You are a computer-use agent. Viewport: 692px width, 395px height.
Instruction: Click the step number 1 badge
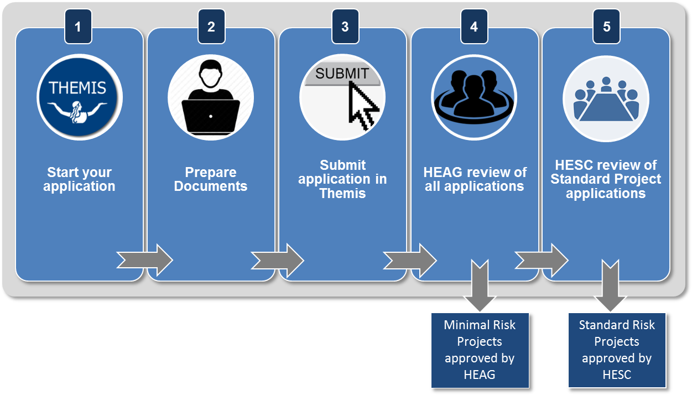[x=78, y=27]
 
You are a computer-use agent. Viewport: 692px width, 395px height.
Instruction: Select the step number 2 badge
[x=211, y=27]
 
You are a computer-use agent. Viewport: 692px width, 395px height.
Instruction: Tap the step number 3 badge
[x=345, y=27]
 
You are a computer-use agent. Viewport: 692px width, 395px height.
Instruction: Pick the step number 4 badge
[x=474, y=27]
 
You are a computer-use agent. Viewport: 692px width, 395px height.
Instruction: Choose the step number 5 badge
[x=607, y=27]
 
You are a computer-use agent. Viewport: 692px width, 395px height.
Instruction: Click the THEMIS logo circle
[x=80, y=97]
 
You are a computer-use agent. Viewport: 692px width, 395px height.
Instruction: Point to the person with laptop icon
[x=211, y=97]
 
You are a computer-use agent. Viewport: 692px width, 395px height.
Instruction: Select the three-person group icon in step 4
[x=474, y=97]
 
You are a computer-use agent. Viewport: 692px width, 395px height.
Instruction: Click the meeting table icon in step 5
[x=606, y=100]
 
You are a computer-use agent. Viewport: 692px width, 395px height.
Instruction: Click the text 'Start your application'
[x=80, y=179]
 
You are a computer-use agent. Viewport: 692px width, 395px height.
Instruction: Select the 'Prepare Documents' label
[x=211, y=179]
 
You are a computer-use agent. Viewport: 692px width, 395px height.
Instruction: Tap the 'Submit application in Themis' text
[x=342, y=179]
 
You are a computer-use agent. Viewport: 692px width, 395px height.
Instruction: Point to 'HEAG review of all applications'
[x=475, y=179]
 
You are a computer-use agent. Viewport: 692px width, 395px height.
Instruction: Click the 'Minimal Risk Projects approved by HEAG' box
[x=480, y=350]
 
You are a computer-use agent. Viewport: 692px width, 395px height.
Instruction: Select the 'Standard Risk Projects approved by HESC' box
[x=617, y=350]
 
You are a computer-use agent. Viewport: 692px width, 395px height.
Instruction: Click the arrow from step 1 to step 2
[x=145, y=259]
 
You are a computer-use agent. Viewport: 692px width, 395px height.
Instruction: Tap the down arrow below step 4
[x=480, y=285]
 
